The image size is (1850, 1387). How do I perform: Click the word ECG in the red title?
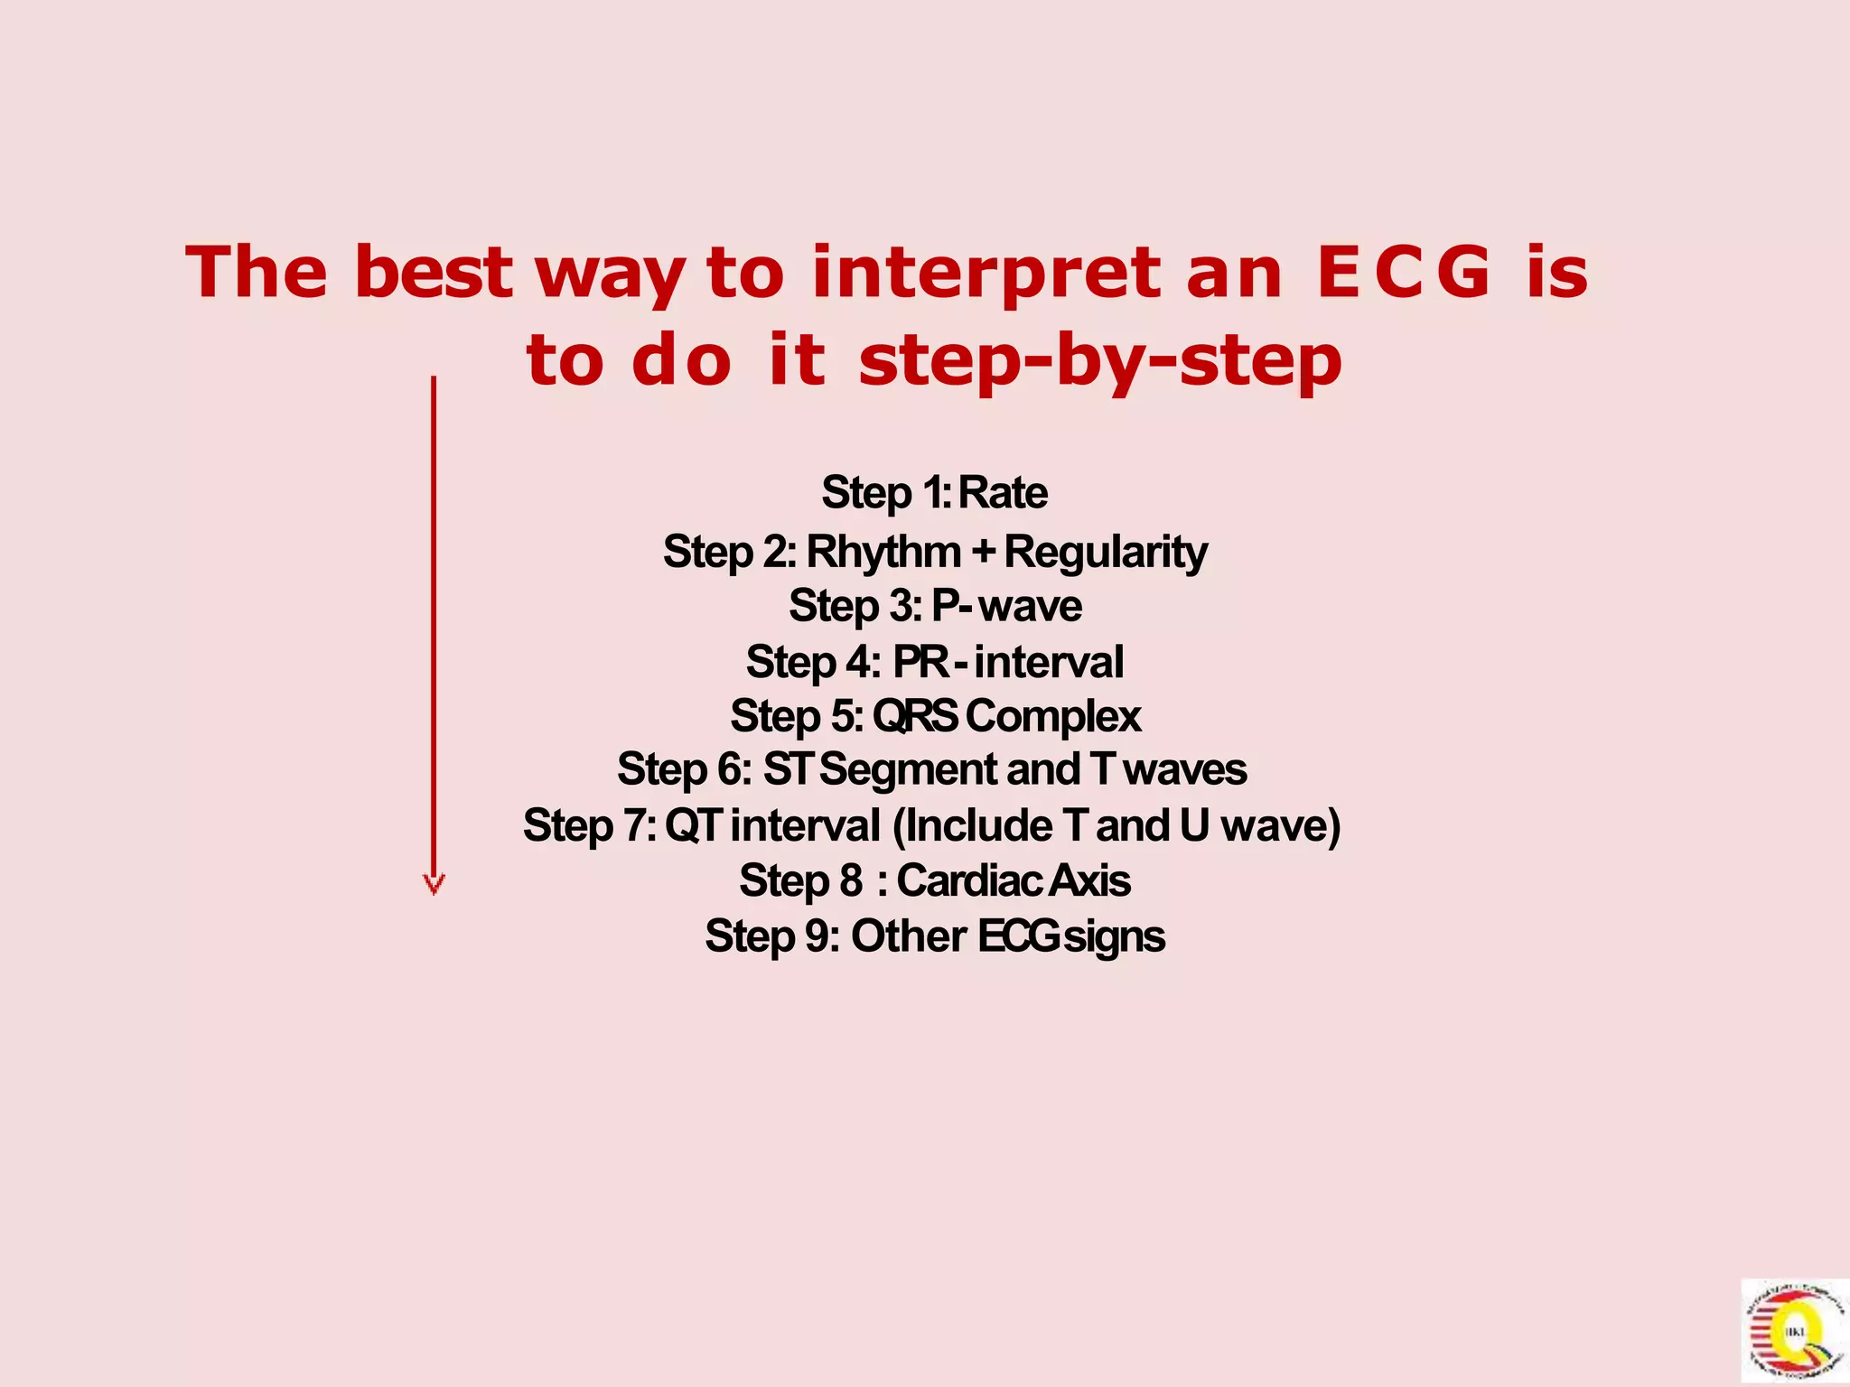tap(1404, 272)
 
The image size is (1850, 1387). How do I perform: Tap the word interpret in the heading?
tap(986, 274)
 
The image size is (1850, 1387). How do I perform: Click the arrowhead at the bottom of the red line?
tap(434, 884)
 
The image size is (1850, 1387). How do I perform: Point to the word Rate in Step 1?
tap(1002, 493)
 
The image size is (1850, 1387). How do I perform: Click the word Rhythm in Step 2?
tap(883, 552)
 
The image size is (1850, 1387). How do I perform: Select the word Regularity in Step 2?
tap(1106, 552)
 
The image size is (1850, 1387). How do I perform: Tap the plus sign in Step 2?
tap(984, 551)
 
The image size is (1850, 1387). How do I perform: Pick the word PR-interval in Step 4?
tap(1008, 662)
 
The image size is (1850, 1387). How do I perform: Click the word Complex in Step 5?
tap(1053, 716)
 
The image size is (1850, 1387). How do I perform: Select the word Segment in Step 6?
tap(908, 770)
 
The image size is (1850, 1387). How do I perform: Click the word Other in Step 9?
tap(909, 936)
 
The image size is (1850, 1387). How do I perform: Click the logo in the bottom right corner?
tap(1794, 1331)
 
